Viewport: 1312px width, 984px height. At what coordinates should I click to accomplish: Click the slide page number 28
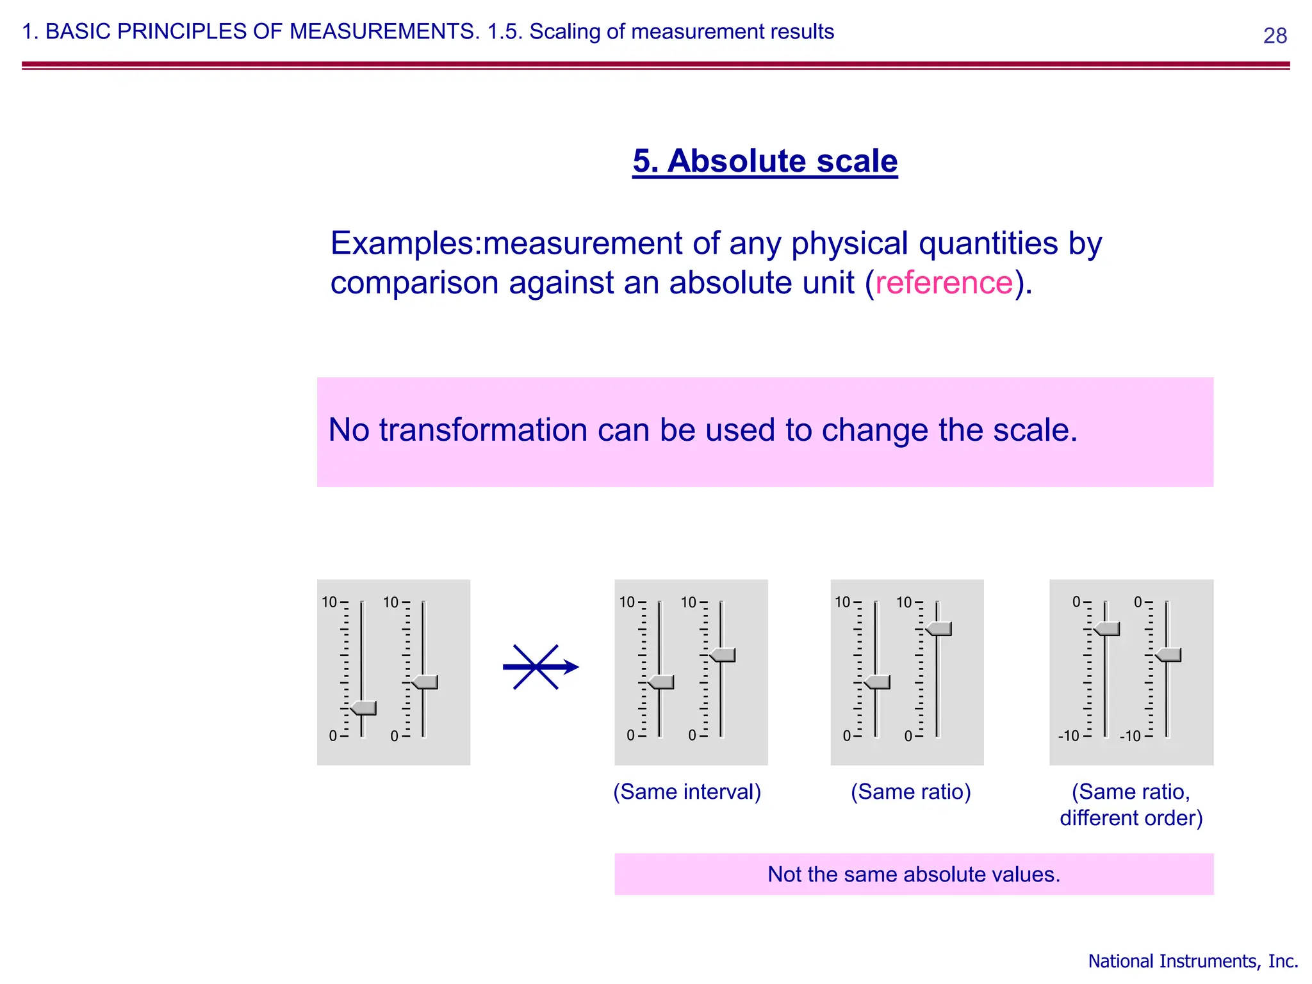point(1274,35)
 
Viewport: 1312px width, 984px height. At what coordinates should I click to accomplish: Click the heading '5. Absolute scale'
point(765,161)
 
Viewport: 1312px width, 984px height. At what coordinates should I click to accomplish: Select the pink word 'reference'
point(944,283)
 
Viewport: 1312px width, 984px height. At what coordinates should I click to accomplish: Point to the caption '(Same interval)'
point(687,792)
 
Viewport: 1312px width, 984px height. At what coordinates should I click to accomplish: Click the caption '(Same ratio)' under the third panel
point(910,792)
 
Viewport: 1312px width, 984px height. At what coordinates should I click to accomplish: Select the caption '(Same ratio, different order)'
point(1131,805)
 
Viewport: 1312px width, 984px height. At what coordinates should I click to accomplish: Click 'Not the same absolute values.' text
point(914,874)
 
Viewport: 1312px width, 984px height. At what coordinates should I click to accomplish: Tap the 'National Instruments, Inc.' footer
point(1193,961)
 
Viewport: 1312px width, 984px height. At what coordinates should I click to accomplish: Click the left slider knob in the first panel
point(364,708)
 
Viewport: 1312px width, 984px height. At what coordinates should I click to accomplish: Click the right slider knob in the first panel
point(425,682)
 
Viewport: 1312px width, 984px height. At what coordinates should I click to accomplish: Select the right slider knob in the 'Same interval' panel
point(723,655)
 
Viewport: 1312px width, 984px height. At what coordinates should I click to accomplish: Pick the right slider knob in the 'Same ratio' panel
point(939,628)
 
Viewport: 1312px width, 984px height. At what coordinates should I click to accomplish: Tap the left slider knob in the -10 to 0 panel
point(1108,628)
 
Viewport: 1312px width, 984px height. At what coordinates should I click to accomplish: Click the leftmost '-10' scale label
point(1069,736)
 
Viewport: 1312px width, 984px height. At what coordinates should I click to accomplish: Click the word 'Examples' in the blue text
point(404,243)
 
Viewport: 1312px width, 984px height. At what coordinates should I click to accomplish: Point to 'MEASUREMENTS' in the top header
point(384,31)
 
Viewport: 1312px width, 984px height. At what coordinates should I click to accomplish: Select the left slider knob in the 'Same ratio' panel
point(878,682)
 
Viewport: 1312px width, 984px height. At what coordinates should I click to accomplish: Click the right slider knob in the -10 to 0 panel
point(1169,655)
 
